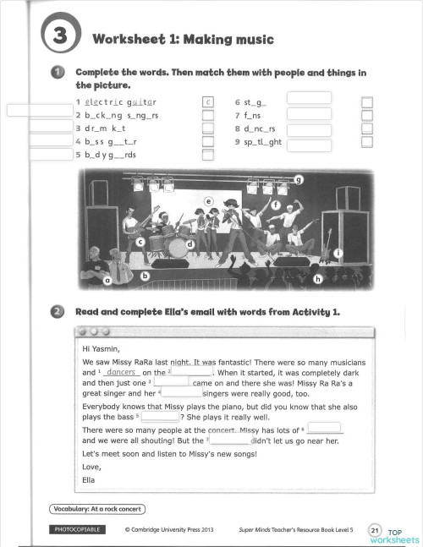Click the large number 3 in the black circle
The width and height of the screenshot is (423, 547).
coord(58,36)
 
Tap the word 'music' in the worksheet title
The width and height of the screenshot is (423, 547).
coord(254,39)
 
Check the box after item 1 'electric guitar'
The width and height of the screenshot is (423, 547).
coord(207,101)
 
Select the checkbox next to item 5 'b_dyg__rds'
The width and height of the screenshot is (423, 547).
coord(207,155)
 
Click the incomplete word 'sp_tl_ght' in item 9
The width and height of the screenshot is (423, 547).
coord(257,141)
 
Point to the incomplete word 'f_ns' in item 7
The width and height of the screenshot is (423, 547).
coord(252,114)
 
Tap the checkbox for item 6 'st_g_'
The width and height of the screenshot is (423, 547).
coord(366,101)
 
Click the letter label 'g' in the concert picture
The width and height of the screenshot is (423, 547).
coord(298,179)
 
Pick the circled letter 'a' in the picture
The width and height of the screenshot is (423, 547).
coord(108,279)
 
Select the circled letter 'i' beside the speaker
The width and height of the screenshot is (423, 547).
coord(338,253)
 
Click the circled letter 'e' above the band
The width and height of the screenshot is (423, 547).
coord(207,202)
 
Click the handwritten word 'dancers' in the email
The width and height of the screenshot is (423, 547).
coord(123,372)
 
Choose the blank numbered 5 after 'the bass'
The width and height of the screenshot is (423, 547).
coord(159,415)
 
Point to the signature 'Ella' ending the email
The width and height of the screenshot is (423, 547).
coord(89,480)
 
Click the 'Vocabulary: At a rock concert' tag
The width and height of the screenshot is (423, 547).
coord(96,508)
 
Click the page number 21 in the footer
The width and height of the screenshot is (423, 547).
coord(376,529)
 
